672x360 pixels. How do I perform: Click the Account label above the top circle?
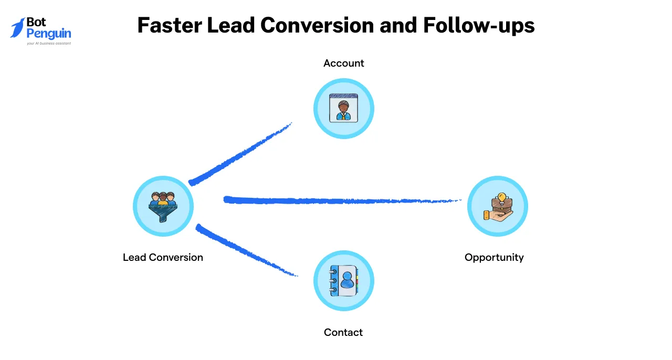tap(343, 63)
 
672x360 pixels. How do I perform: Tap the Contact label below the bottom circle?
tap(343, 332)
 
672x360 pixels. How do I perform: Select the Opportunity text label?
tap(494, 257)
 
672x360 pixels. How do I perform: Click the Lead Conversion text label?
tap(163, 257)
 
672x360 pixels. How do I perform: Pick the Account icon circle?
tap(343, 109)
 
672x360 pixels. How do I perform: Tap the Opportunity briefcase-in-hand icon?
tap(497, 207)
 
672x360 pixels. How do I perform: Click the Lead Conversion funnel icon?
tap(163, 206)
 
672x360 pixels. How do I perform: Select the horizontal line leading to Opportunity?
tap(341, 200)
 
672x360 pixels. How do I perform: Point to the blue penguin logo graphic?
tap(17, 27)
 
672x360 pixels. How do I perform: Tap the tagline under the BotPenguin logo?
tap(48, 44)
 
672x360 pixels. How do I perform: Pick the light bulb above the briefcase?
tap(502, 197)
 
